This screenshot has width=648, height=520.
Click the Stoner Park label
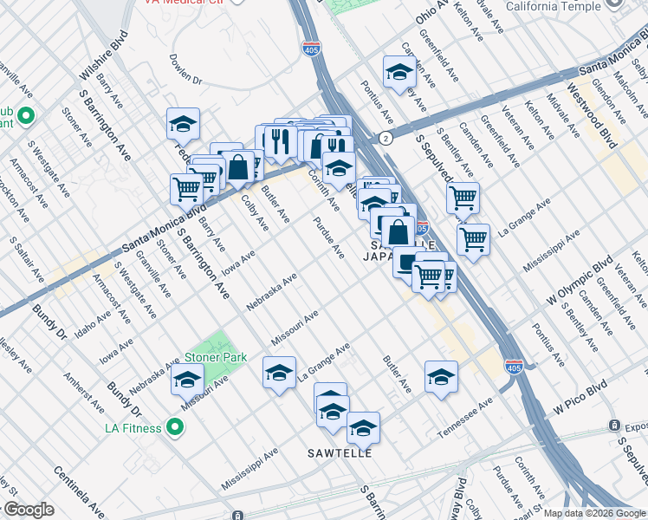215,357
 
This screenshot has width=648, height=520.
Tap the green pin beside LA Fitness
175,427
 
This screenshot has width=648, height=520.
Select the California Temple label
553,6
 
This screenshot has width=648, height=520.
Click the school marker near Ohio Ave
399,71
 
